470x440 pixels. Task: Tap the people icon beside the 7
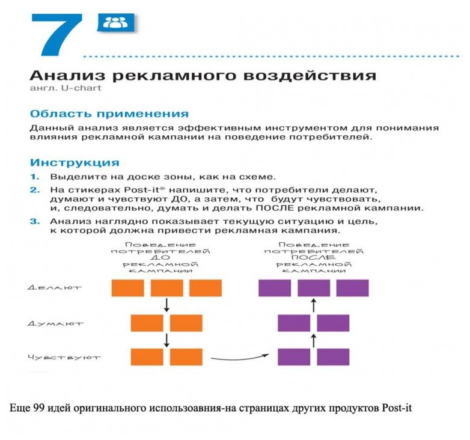click(x=115, y=23)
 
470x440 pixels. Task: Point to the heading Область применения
click(x=109, y=114)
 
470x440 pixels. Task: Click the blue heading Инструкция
click(x=75, y=162)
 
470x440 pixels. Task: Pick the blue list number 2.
click(x=35, y=189)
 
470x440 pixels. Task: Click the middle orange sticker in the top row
click(x=166, y=288)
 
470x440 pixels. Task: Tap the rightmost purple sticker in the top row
click(x=352, y=288)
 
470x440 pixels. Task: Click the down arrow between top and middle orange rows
click(x=166, y=305)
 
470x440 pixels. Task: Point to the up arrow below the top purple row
click(x=313, y=305)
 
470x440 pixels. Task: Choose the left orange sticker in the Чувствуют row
click(x=147, y=357)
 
